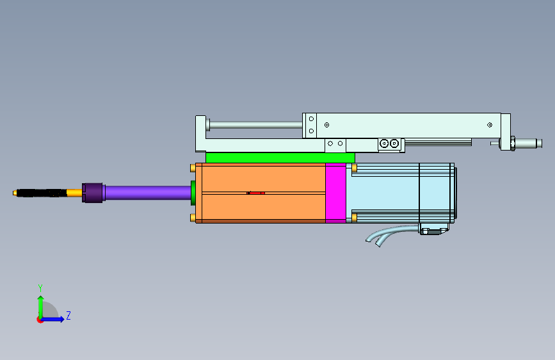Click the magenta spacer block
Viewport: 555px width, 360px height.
(x=335, y=193)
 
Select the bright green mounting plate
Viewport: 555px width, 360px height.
(x=280, y=158)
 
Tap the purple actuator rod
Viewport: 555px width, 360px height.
(x=148, y=193)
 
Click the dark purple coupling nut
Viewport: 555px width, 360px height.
(x=93, y=193)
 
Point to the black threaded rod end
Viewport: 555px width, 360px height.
(x=42, y=193)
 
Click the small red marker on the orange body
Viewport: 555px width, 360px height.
(x=255, y=193)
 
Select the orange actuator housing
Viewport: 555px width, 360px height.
(x=261, y=193)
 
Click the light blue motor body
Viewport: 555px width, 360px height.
(x=401, y=193)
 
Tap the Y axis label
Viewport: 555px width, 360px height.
(x=40, y=288)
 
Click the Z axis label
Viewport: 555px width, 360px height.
(x=68, y=315)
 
